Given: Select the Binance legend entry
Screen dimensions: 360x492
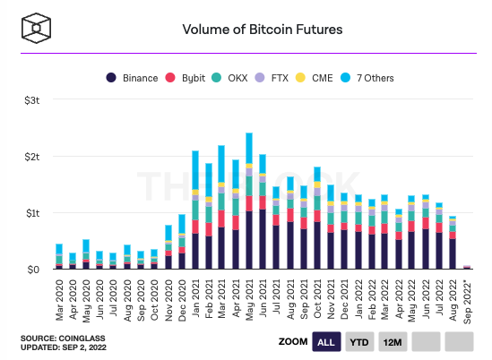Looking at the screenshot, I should click(x=134, y=78).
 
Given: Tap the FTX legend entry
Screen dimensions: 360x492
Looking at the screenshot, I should click(x=282, y=78).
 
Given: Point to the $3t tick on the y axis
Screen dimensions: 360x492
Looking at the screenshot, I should click(x=31, y=100).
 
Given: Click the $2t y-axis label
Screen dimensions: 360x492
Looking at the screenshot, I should click(x=31, y=157).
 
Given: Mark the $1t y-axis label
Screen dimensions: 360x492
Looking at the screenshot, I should click(x=31, y=213).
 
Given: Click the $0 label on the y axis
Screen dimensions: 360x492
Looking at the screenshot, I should click(x=33, y=269).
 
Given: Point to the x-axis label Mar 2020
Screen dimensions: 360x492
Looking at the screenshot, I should click(x=59, y=296).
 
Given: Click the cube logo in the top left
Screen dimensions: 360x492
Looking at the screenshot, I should click(x=39, y=28).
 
